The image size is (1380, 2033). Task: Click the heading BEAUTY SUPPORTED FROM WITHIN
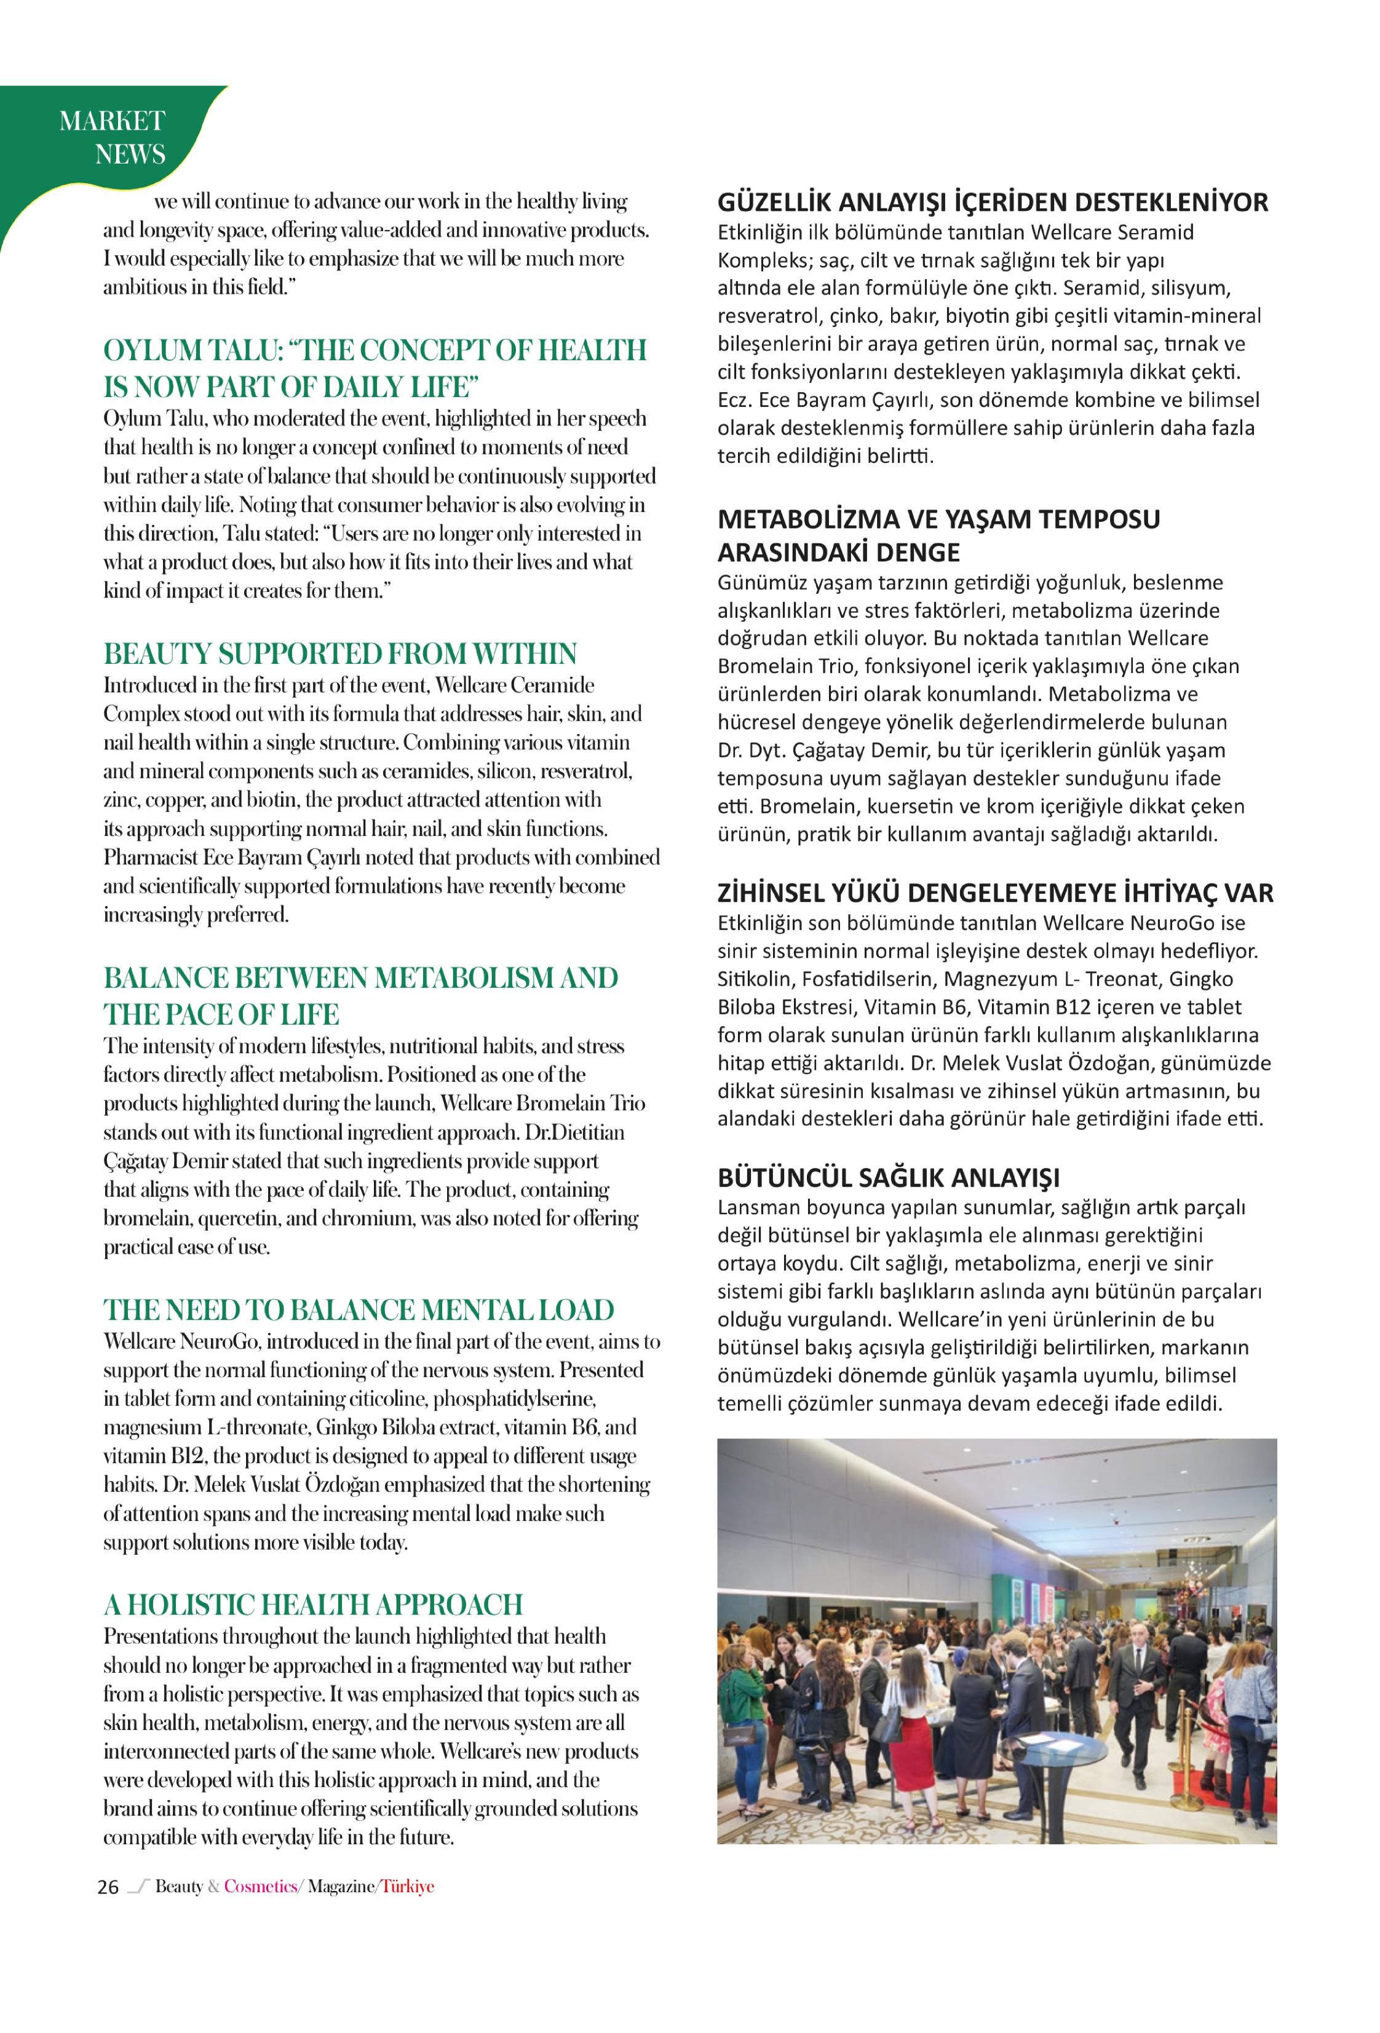click(339, 653)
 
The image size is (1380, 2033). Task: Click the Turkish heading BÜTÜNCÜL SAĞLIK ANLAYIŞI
click(888, 1177)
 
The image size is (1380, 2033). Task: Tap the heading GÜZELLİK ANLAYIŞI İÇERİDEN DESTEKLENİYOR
click(993, 202)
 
